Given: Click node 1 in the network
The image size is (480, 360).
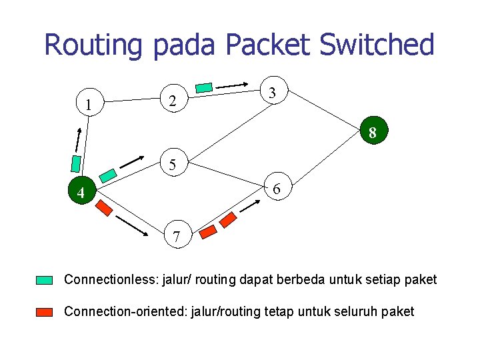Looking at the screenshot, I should (x=88, y=104).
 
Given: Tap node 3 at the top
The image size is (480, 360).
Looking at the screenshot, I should (x=272, y=93).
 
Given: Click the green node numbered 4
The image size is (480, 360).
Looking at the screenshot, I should (x=80, y=193).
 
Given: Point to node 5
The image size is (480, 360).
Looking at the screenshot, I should (x=173, y=164).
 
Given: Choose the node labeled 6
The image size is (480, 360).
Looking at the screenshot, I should (x=277, y=190).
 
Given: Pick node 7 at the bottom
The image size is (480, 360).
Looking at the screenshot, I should (x=176, y=236).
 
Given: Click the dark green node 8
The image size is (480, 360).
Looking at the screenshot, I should (x=372, y=133).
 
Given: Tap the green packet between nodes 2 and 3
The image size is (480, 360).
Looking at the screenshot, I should (x=205, y=87).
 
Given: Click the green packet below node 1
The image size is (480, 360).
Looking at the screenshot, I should (x=77, y=163).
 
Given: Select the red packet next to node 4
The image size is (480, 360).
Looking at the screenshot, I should (x=104, y=208).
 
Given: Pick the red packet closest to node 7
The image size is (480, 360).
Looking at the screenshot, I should (x=208, y=232).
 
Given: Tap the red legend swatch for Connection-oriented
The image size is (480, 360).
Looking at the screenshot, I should (x=45, y=312).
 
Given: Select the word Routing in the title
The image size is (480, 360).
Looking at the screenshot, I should (x=93, y=45).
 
